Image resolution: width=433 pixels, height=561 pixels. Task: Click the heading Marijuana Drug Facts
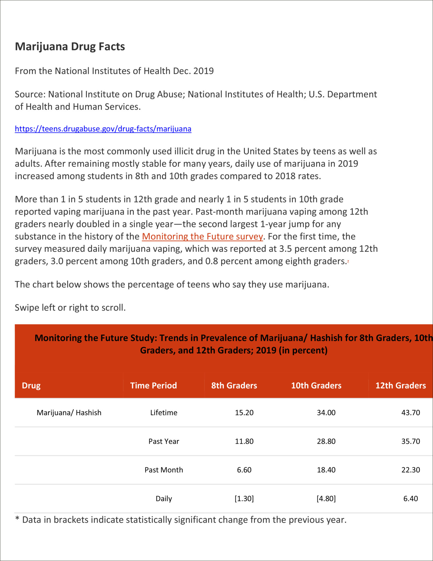tap(70, 47)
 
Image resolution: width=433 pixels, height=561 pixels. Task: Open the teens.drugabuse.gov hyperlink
tap(103, 129)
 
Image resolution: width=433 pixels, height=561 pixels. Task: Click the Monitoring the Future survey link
tap(202, 236)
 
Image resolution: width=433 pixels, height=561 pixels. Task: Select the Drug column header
tap(31, 385)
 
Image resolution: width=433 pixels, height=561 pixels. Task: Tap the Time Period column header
tap(153, 385)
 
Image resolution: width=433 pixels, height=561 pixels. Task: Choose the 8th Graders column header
tap(234, 385)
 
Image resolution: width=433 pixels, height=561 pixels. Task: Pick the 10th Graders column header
tap(316, 385)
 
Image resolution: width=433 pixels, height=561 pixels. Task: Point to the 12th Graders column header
tap(400, 385)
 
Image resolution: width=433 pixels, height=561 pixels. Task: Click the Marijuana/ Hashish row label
tap(69, 413)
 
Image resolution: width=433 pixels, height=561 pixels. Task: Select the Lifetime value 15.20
tap(244, 413)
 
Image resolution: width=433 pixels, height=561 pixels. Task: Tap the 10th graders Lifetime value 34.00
tap(326, 413)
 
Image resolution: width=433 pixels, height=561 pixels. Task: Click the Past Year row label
tap(164, 441)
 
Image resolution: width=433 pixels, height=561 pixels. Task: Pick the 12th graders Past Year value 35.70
tap(410, 441)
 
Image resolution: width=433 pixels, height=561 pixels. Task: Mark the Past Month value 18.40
tap(326, 470)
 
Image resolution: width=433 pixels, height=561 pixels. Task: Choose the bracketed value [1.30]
tap(244, 499)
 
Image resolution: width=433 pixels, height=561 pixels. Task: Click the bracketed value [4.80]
tap(326, 499)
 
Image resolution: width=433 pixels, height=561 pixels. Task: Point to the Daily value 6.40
tap(410, 499)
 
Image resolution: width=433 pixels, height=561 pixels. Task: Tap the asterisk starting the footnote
tap(17, 519)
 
